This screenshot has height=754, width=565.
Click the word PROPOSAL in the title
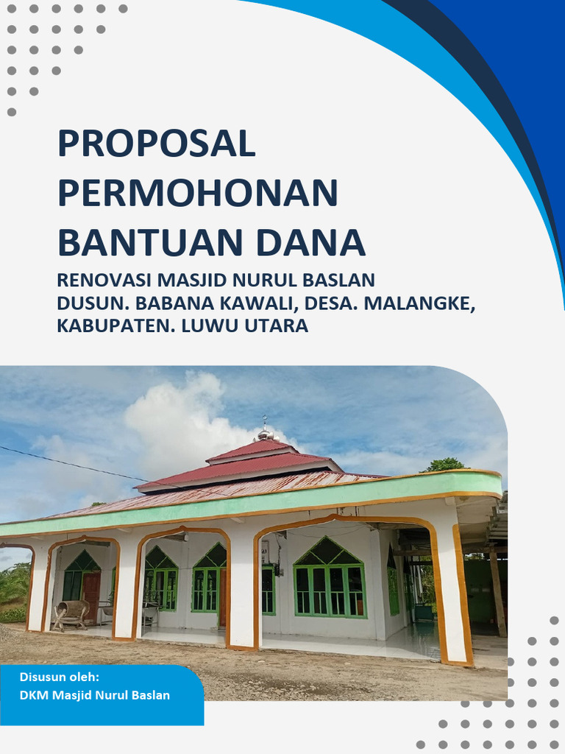[x=156, y=144]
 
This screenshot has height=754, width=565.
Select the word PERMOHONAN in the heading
[x=198, y=194]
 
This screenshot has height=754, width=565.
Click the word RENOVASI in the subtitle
[x=102, y=281]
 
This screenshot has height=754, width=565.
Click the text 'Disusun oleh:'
[x=60, y=677]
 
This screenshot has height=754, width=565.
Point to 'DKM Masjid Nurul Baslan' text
[x=95, y=695]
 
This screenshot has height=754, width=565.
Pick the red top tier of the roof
[x=250, y=449]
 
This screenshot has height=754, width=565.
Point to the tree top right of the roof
[x=444, y=465]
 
